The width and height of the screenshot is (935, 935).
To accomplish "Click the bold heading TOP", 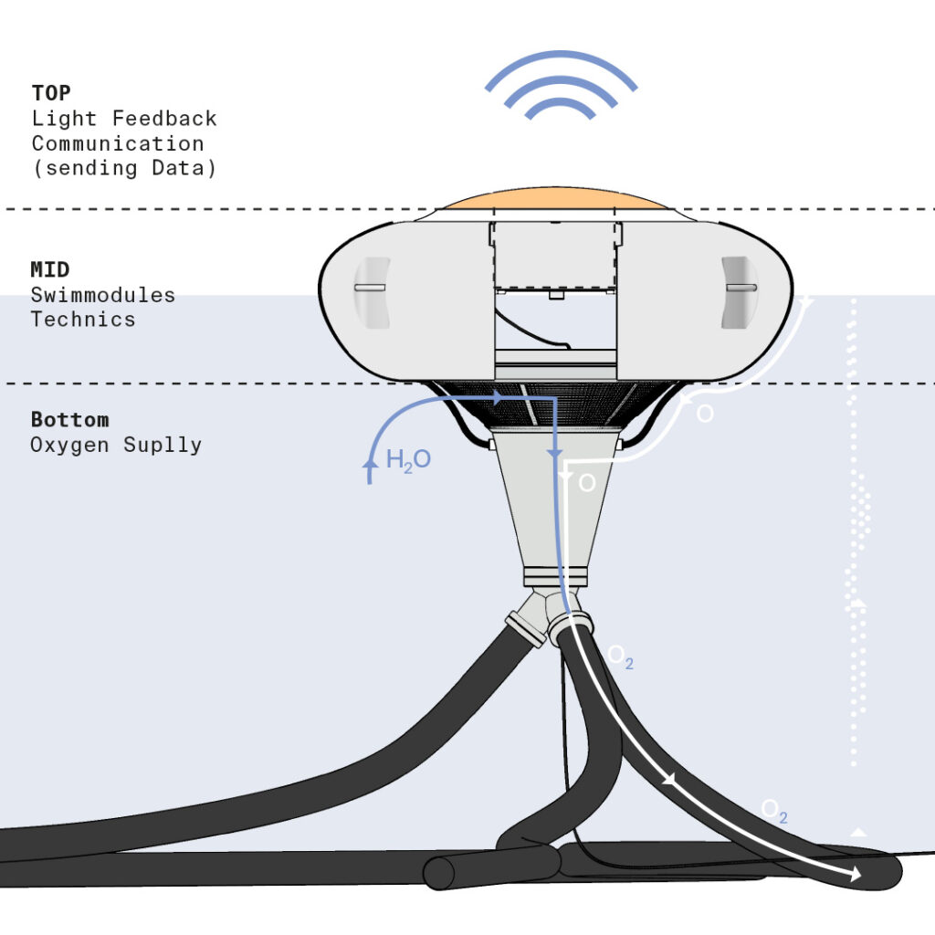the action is point(51,93).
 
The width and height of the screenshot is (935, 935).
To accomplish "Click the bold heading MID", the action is point(50,269).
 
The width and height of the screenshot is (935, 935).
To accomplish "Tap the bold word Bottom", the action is point(69,420).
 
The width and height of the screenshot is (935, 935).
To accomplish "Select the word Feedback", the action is point(164,118).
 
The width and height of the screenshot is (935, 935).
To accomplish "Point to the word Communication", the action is point(118,143).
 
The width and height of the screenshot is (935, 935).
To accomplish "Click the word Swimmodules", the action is point(103,295).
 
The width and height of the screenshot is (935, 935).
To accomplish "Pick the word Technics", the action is point(83,319).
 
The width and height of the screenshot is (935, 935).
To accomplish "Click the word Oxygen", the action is point(69,445).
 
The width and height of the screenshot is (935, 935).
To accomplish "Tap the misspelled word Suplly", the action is point(163,445).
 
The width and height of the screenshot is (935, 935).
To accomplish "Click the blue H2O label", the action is point(408,460).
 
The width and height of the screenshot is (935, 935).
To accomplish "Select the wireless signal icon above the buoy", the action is point(561,85).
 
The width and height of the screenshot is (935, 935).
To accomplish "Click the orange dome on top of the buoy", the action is point(556,198).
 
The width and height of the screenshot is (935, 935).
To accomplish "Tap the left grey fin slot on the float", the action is point(373,292).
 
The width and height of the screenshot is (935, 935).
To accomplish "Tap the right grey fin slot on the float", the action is point(740,292).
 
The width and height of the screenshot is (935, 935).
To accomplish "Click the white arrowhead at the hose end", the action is point(855,874).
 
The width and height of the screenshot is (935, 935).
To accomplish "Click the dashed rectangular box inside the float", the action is point(556,257).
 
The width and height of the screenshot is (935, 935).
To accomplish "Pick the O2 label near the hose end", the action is point(774,811).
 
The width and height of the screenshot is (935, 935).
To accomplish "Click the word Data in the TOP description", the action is point(178,168).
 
